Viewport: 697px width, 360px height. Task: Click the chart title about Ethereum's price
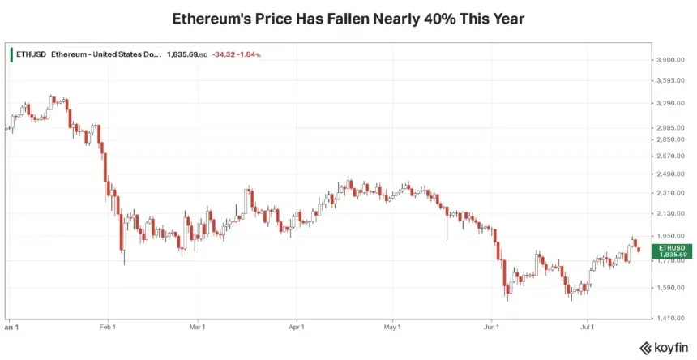click(x=348, y=19)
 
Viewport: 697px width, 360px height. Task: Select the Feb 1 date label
click(x=108, y=328)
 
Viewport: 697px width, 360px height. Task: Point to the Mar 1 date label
click(x=198, y=328)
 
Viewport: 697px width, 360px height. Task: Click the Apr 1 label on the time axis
click(x=297, y=328)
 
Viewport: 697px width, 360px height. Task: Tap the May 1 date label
click(x=392, y=328)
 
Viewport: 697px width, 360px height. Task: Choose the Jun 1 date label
click(x=492, y=328)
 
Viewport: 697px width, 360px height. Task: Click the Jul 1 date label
click(x=588, y=328)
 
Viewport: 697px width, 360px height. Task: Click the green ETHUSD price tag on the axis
click(x=672, y=251)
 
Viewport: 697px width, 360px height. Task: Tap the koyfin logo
click(x=663, y=348)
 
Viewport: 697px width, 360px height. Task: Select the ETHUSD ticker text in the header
click(x=31, y=54)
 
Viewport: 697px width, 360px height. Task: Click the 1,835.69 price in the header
click(x=182, y=54)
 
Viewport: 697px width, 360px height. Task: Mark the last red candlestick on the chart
click(x=639, y=250)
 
